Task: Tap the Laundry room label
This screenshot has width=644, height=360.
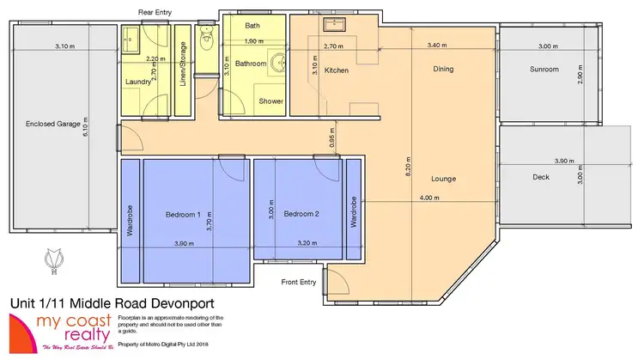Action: click(138, 82)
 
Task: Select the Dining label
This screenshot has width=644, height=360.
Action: click(443, 69)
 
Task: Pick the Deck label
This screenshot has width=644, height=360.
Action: click(540, 178)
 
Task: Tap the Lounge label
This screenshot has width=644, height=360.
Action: click(444, 179)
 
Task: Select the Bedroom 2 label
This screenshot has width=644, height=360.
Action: click(301, 213)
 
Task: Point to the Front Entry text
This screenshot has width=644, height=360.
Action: click(299, 282)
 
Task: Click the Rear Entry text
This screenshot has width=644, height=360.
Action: click(157, 11)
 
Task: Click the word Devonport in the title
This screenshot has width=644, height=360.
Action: click(177, 303)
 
